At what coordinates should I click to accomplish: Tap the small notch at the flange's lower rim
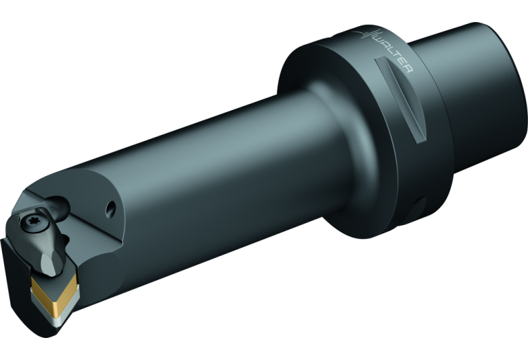pos(420,207)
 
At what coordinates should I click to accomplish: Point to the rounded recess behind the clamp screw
pos(59,203)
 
